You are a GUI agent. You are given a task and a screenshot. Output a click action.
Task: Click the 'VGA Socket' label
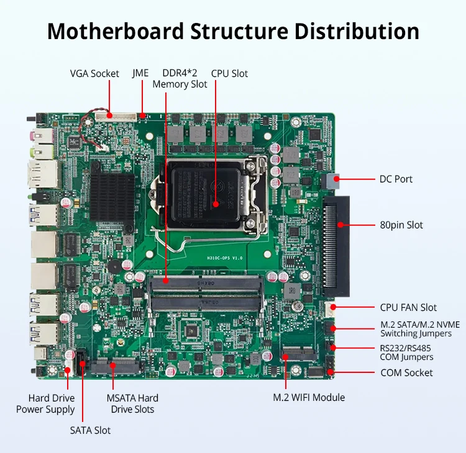(94, 74)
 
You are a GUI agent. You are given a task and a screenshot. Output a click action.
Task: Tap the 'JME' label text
(140, 73)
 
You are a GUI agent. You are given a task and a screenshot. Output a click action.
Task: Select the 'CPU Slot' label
(229, 73)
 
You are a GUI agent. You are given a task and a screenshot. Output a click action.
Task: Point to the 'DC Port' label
(396, 179)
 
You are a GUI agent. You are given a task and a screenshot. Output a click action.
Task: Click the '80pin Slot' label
(401, 225)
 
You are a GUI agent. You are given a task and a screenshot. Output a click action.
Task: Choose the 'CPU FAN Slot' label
(408, 307)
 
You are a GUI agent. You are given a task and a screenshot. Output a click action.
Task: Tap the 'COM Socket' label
(406, 372)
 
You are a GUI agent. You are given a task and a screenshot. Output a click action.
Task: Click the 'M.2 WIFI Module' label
(309, 397)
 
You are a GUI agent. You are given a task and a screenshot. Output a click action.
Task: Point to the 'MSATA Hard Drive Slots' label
(132, 403)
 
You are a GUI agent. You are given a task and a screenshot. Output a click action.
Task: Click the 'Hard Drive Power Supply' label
(45, 403)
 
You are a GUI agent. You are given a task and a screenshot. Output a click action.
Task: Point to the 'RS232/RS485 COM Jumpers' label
(406, 352)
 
